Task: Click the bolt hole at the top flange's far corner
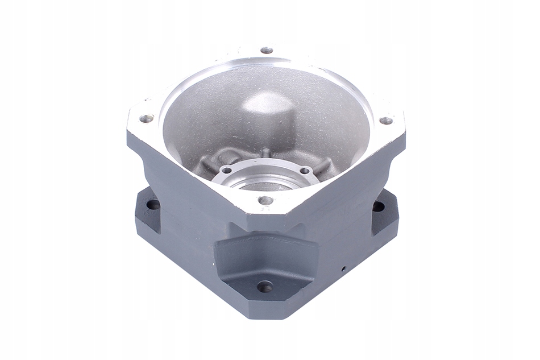tap(267, 51)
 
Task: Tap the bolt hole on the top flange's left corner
tap(147, 118)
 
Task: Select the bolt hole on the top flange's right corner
tap(386, 121)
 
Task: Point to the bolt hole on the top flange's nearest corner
tap(265, 200)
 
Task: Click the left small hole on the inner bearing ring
tap(226, 170)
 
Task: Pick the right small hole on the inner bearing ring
tap(305, 170)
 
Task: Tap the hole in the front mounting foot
tap(265, 287)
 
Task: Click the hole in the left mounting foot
tap(153, 204)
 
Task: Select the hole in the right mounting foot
tap(378, 206)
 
